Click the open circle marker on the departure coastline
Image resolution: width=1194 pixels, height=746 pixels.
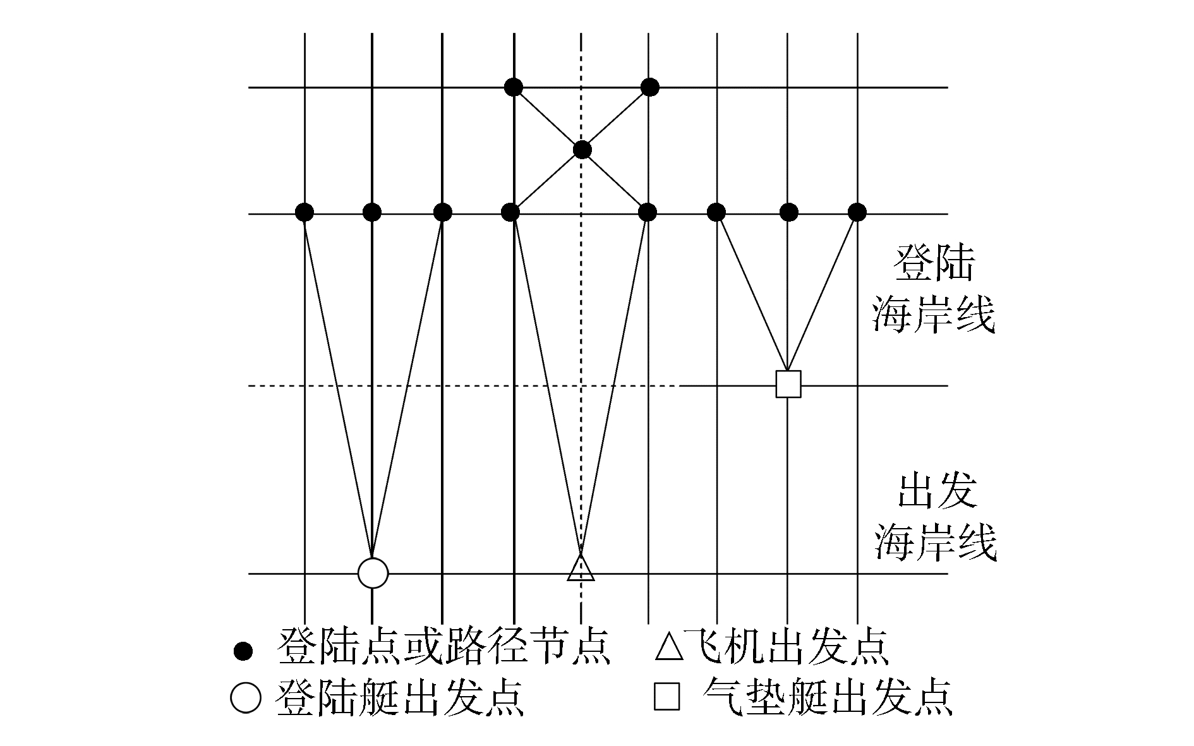pyautogui.click(x=373, y=573)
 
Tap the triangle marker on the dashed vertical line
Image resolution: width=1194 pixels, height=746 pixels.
pyautogui.click(x=581, y=568)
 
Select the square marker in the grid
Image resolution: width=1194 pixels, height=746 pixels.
pyautogui.click(x=788, y=384)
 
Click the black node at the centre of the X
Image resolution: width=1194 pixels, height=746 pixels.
pyautogui.click(x=582, y=150)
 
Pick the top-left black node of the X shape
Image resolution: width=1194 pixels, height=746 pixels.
pyautogui.click(x=514, y=87)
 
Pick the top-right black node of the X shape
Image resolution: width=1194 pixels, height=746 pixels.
pyautogui.click(x=650, y=87)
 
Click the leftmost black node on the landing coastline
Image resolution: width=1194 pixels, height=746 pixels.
pyautogui.click(x=305, y=212)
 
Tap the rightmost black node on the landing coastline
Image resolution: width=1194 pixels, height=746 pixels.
pyautogui.click(x=857, y=212)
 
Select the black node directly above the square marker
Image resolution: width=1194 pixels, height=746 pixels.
pyautogui.click(x=788, y=212)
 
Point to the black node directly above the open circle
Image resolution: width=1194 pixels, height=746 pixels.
pyautogui.click(x=372, y=212)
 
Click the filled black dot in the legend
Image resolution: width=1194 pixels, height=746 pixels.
pyautogui.click(x=243, y=651)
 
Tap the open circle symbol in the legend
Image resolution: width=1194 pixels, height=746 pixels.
pyautogui.click(x=245, y=698)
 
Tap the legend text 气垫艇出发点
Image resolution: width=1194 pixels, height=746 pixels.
pyautogui.click(x=827, y=697)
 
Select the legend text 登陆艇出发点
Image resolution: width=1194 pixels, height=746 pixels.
pyautogui.click(x=401, y=697)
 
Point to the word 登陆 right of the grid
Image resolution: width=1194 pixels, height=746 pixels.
pyautogui.click(x=933, y=264)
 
